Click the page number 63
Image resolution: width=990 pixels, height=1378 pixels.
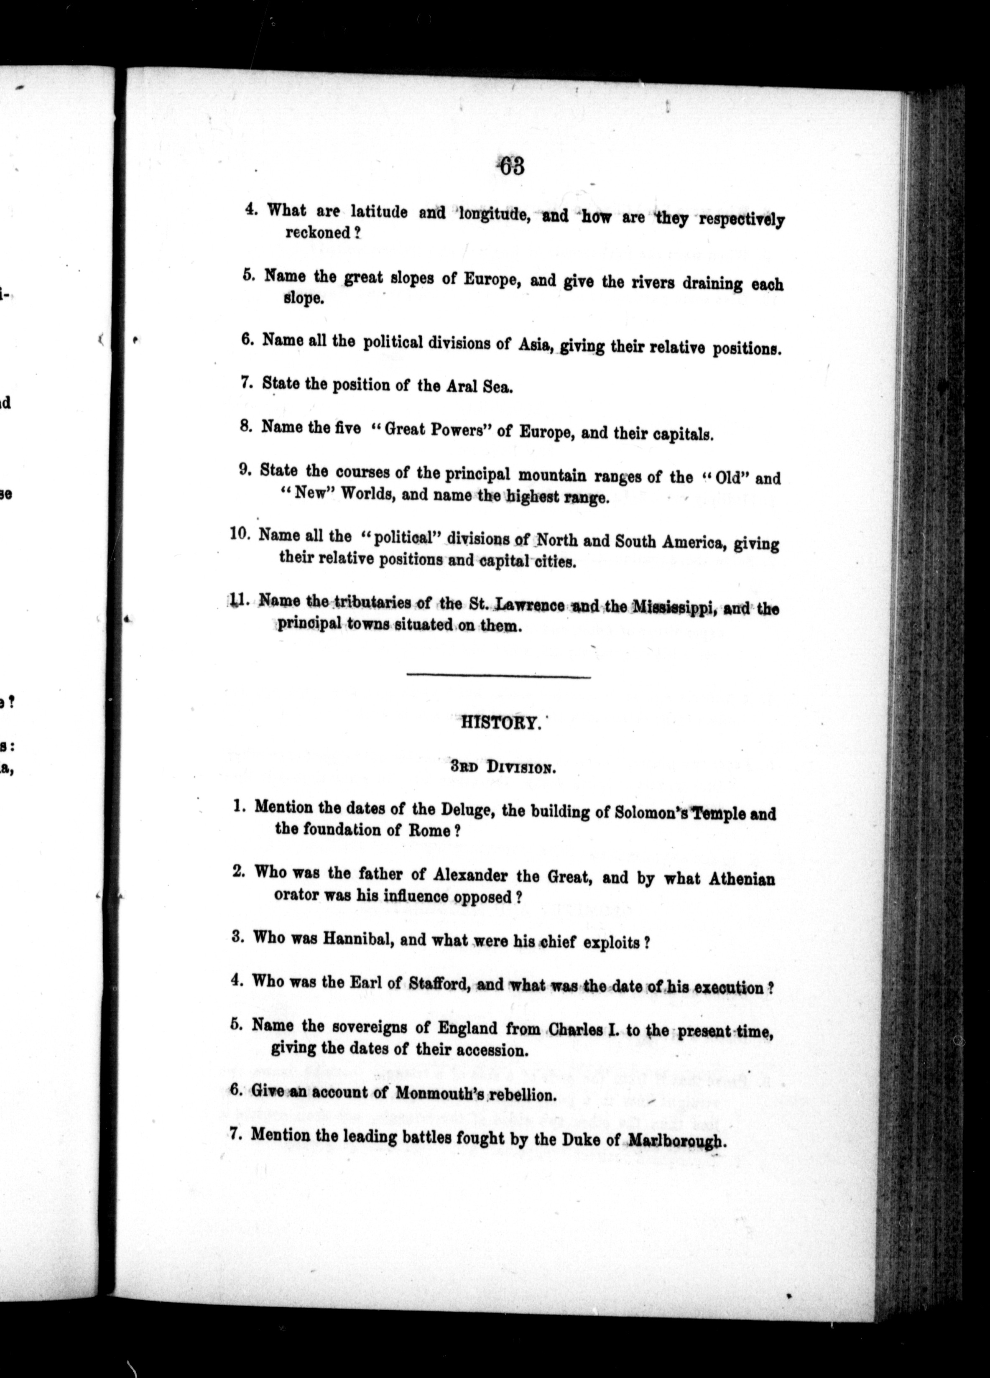pyautogui.click(x=510, y=166)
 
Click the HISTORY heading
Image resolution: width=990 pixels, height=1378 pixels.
pyautogui.click(x=500, y=724)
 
